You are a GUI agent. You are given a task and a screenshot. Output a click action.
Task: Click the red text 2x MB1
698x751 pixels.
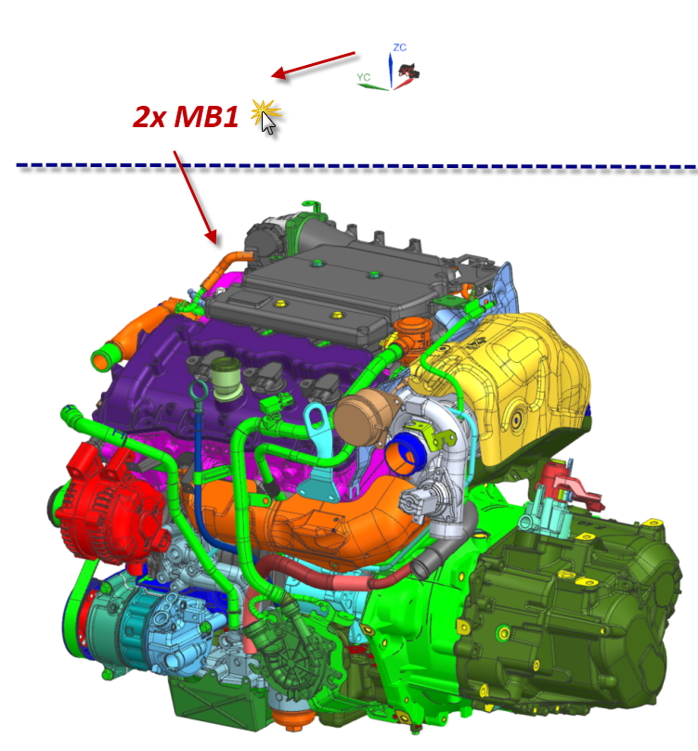coord(186,116)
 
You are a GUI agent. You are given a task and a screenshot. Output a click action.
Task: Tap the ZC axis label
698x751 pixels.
coord(400,47)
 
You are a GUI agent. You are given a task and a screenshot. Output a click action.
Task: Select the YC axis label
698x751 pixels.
coord(363,77)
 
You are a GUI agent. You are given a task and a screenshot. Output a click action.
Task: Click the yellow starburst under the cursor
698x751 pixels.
coord(265,113)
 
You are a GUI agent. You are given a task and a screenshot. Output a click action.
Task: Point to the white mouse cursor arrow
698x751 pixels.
coord(268,123)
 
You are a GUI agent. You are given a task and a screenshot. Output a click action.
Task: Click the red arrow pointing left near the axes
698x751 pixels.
coord(313,65)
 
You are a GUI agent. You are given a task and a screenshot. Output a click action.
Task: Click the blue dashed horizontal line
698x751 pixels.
coord(356,166)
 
